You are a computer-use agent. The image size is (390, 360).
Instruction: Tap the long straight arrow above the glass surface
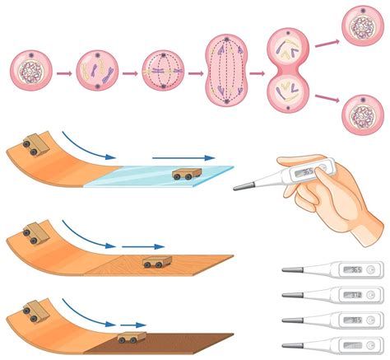pos(183,157)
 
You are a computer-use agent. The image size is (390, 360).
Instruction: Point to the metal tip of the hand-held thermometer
pos(237,188)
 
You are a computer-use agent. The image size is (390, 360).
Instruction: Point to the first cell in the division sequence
pos(33,72)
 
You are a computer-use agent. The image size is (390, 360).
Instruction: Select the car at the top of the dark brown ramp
pos(34,313)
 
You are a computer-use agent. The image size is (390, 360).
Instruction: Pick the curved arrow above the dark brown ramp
pos(89,316)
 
